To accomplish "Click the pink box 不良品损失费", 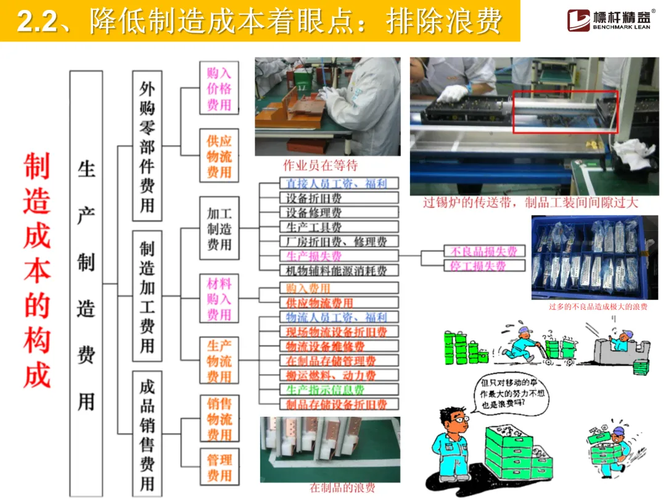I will pos(484,251).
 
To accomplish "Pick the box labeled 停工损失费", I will pos(484,266).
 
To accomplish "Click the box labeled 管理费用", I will pos(219,467).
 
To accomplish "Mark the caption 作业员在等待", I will pos(320,165).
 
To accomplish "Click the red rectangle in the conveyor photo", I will pos(565,111).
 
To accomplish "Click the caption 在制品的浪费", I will pos(342,488).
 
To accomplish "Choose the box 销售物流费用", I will pos(219,419).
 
